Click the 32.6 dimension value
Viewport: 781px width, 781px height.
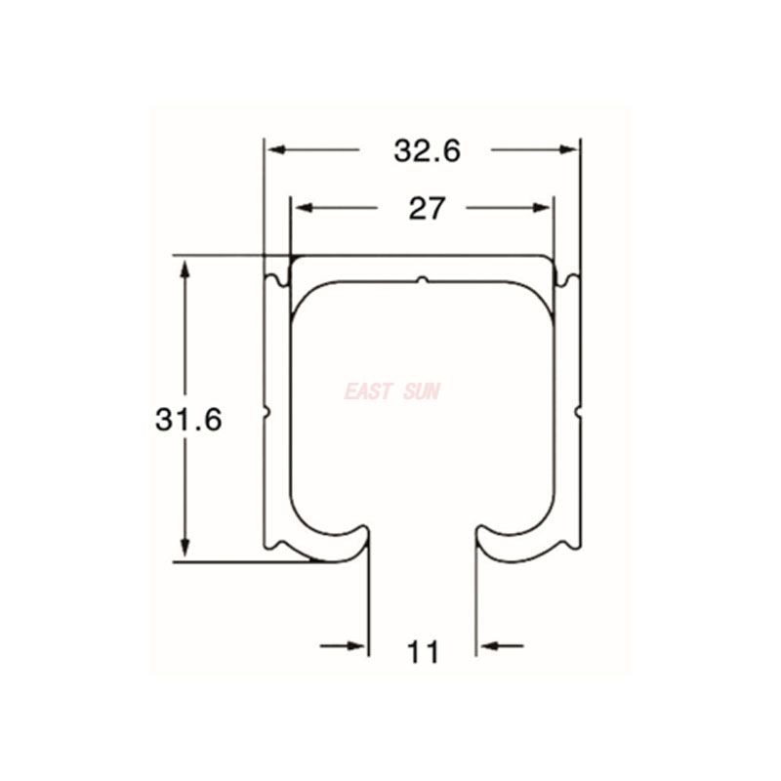(x=427, y=150)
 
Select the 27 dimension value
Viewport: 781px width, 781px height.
(x=427, y=209)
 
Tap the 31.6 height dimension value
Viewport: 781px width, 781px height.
(x=188, y=420)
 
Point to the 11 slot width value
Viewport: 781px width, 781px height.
(x=424, y=651)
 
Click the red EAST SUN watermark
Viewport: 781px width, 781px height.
(x=392, y=392)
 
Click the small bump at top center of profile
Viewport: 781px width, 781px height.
(x=422, y=280)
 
